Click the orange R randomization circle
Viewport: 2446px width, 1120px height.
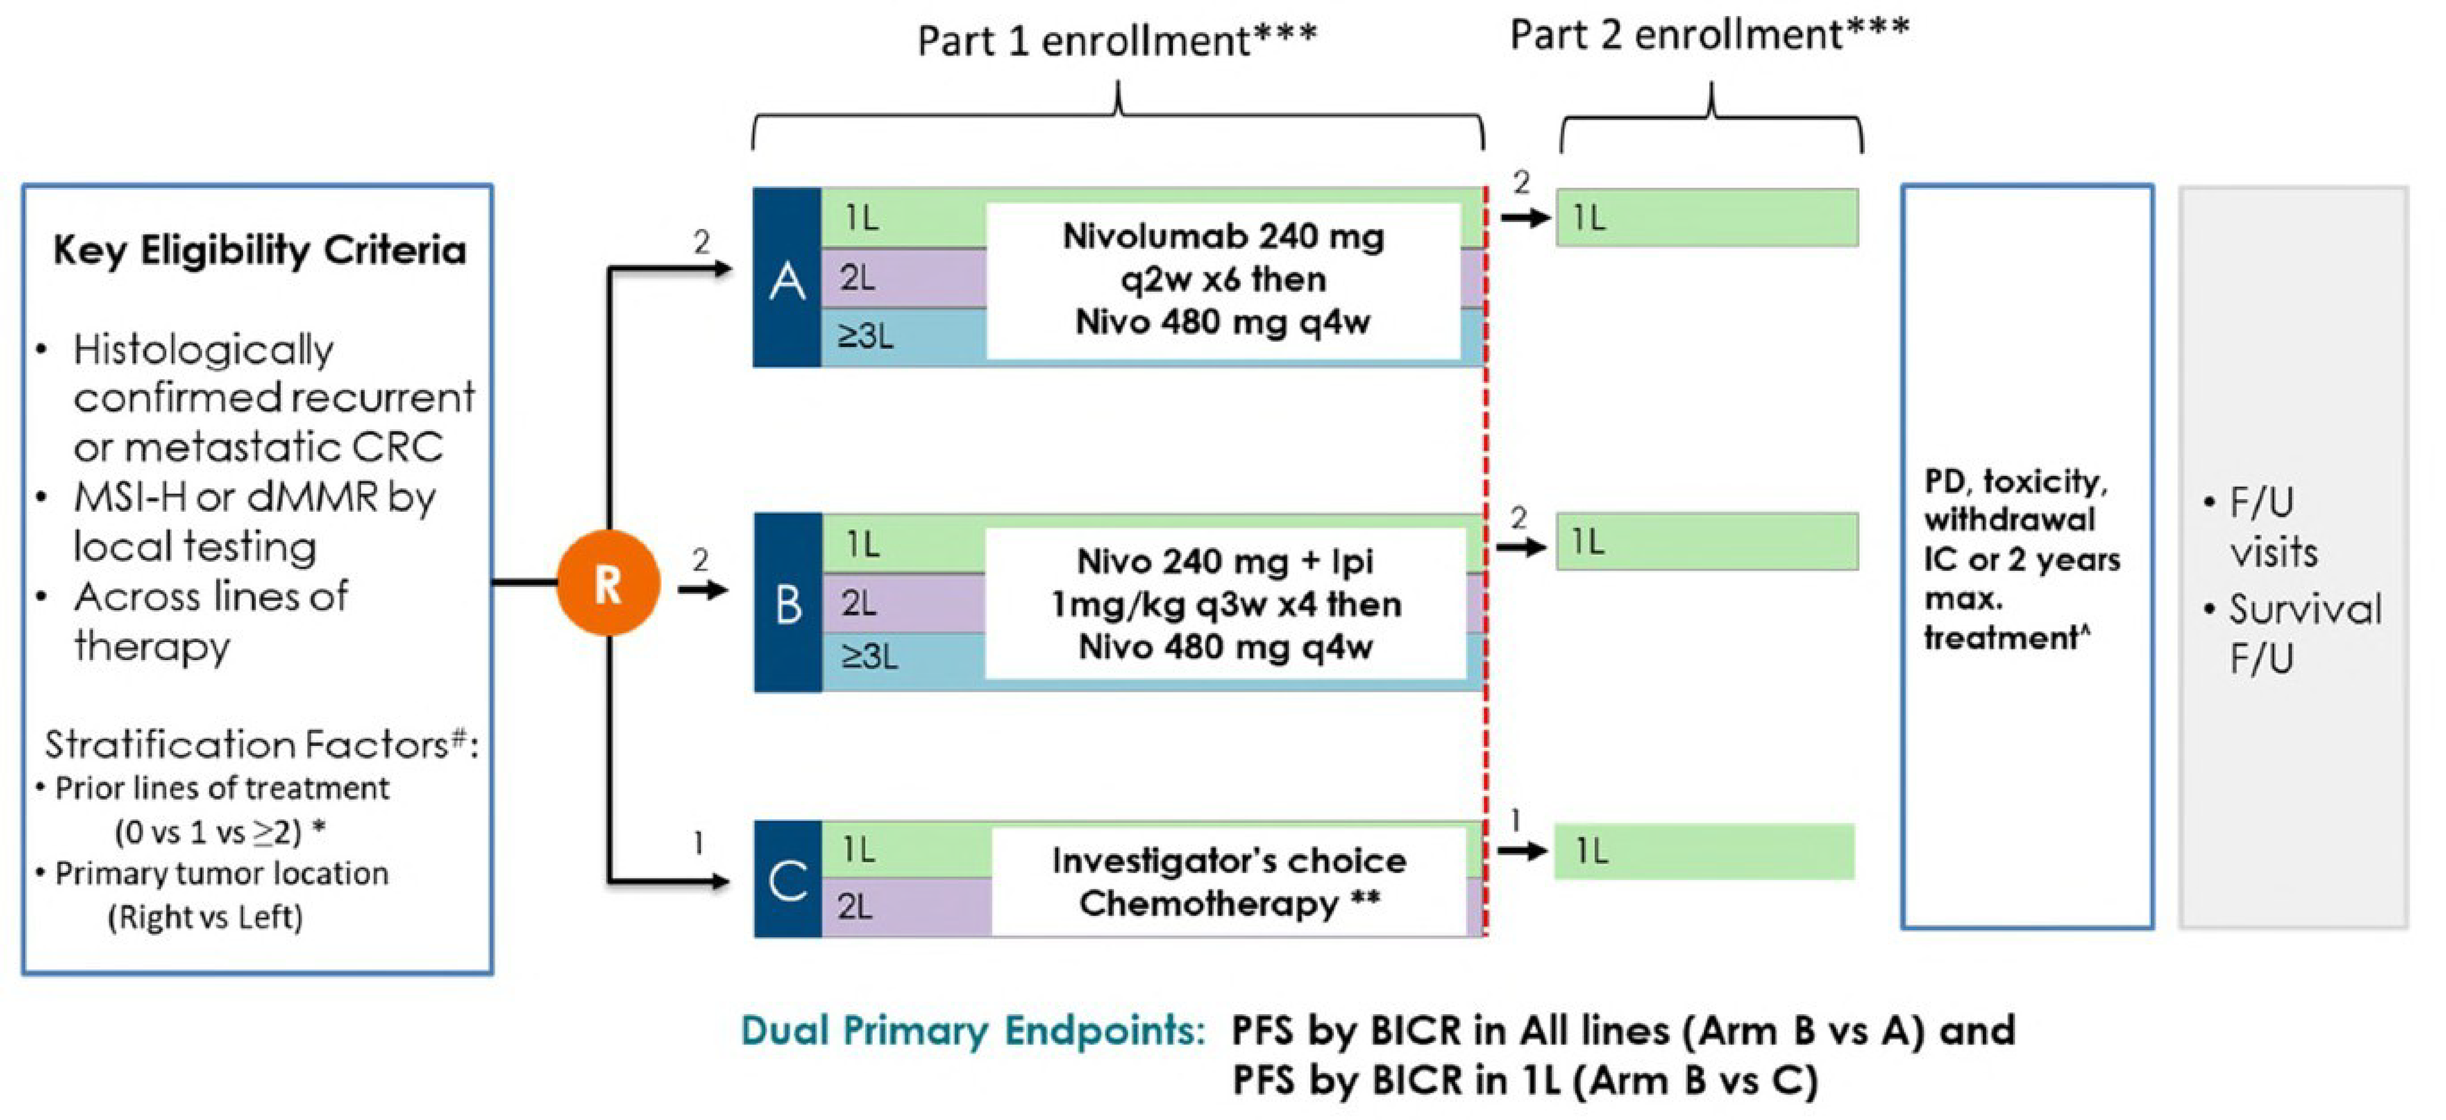[x=608, y=583]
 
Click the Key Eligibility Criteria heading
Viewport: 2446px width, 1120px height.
[x=259, y=251]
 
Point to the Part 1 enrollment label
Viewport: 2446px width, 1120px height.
[x=1117, y=41]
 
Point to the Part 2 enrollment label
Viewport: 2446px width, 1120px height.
[x=1709, y=35]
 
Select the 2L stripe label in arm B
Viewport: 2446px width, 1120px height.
[x=859, y=603]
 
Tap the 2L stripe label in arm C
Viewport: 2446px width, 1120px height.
[x=855, y=907]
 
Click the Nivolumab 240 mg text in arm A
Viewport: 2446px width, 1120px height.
[x=1223, y=236]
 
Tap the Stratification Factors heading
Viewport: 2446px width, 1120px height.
[x=260, y=745]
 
